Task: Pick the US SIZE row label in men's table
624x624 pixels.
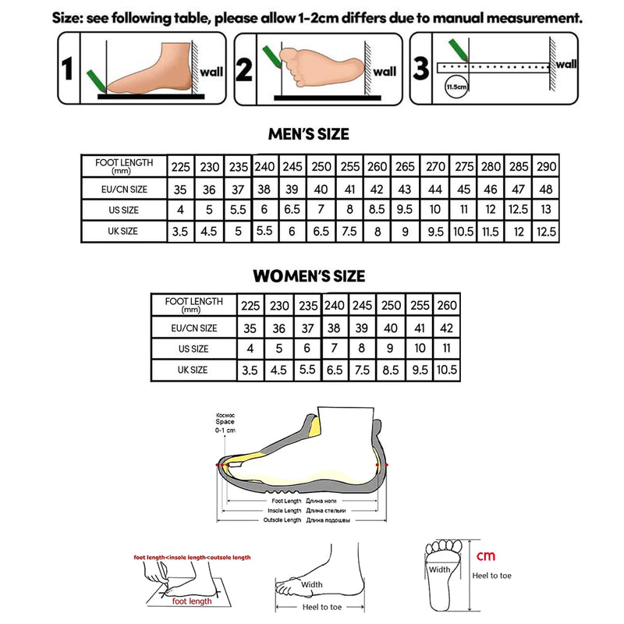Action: point(124,210)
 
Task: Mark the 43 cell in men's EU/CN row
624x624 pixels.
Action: point(405,189)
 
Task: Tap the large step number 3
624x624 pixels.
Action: point(421,69)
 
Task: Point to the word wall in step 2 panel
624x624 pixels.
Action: point(384,72)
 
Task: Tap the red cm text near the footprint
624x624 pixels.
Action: point(486,555)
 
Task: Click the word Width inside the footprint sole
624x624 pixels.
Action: point(439,569)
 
